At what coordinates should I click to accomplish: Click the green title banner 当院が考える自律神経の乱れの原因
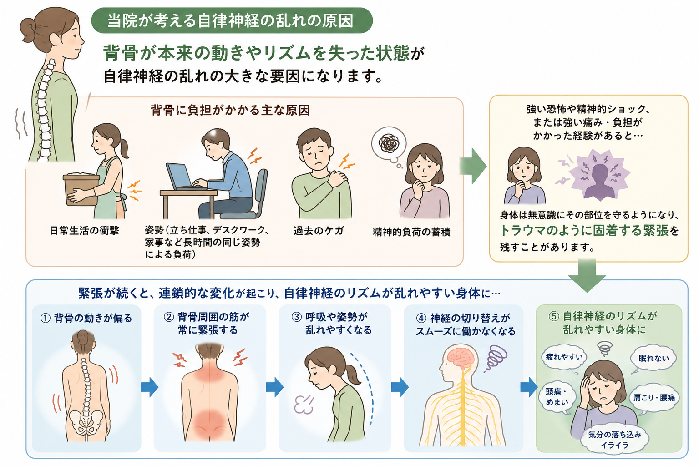click(x=232, y=20)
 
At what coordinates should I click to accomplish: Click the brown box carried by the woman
click(x=81, y=189)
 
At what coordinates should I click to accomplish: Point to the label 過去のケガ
click(x=318, y=231)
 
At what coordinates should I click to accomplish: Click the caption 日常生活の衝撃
click(x=84, y=231)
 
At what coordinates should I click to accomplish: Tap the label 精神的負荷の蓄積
click(x=411, y=232)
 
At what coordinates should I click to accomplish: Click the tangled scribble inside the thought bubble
click(x=389, y=143)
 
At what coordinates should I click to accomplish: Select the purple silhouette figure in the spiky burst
click(x=600, y=181)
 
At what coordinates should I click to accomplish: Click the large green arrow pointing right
click(x=473, y=166)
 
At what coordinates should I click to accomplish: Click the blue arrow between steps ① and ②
click(x=150, y=387)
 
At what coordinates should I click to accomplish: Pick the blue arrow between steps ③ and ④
click(x=400, y=387)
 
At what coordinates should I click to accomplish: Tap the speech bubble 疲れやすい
click(x=564, y=357)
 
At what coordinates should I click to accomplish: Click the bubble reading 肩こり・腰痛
click(x=654, y=398)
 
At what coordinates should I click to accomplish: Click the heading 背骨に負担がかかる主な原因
click(x=230, y=110)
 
